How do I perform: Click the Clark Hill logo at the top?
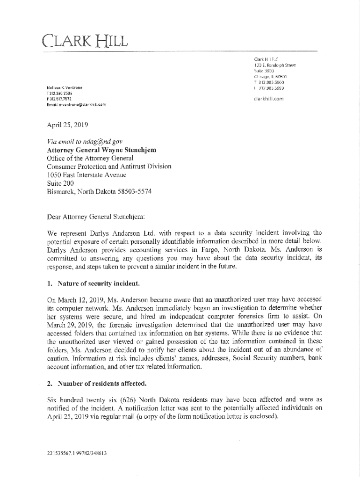click(85, 41)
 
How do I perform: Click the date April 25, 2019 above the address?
click(68, 125)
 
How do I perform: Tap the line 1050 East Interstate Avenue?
click(87, 175)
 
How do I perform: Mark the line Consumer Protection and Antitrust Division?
click(109, 167)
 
